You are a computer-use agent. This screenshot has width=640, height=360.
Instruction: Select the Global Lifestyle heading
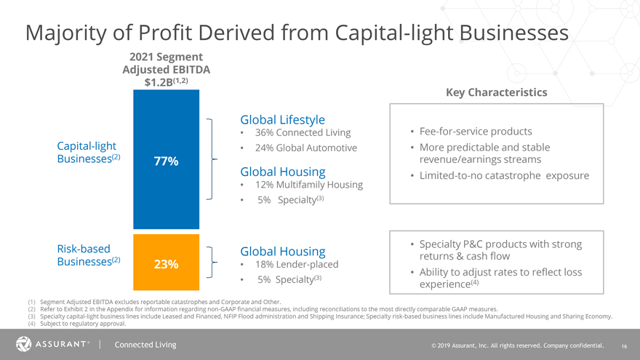pos(282,119)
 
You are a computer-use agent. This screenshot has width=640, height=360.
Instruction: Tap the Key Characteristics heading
pos(496,92)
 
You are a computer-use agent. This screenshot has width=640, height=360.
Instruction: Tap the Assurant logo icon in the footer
pos(23,344)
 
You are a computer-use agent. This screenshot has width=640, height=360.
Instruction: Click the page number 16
pos(625,345)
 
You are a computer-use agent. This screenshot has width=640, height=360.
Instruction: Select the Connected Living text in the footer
pos(145,344)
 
